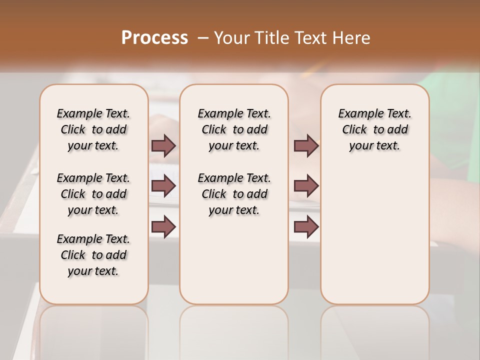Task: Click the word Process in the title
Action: (x=154, y=37)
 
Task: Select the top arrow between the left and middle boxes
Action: (x=163, y=146)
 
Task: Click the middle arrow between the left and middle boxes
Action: (x=163, y=186)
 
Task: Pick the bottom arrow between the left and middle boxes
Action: (x=163, y=226)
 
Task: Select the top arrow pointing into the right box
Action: (x=306, y=146)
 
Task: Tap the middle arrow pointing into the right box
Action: (x=306, y=186)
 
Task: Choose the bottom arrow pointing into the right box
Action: (x=306, y=226)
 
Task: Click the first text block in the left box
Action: (x=93, y=129)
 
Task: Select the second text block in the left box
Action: (x=93, y=194)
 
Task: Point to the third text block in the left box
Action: (x=93, y=255)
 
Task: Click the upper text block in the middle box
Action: (x=234, y=129)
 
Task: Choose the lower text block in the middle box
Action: (x=234, y=194)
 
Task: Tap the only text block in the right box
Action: (x=374, y=129)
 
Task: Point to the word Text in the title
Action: (x=311, y=38)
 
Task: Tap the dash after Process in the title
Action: (x=202, y=38)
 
